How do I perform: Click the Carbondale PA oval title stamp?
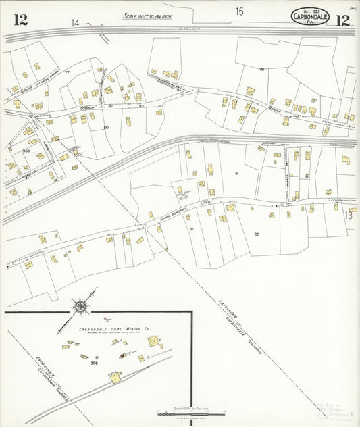[x=311, y=16]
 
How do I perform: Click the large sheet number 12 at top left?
[x=20, y=19]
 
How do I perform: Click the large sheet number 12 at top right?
[x=342, y=19]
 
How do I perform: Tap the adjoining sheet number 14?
[x=76, y=23]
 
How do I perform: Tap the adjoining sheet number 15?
[x=239, y=11]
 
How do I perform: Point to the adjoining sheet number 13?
[x=349, y=216]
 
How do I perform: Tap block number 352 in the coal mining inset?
[x=95, y=363]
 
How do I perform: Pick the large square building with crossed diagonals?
[x=155, y=343]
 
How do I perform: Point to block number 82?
[x=256, y=234]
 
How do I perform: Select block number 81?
[x=237, y=174]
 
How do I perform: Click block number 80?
[x=106, y=127]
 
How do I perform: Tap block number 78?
[x=261, y=69]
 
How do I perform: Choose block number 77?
[x=68, y=72]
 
